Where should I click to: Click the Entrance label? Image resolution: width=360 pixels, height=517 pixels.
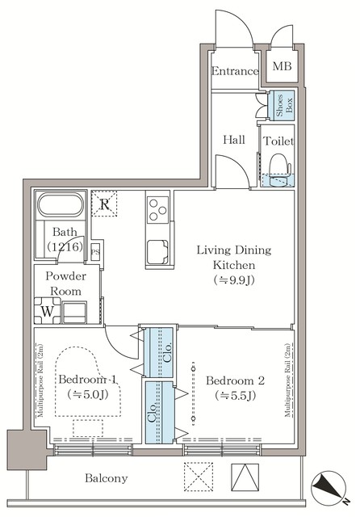click(235, 71)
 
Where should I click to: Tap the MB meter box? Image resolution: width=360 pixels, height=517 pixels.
click(282, 67)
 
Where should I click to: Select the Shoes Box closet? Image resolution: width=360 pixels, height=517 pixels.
click(285, 106)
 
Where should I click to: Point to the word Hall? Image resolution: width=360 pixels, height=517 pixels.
click(233, 140)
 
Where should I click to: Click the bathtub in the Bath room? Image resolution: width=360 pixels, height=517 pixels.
click(61, 207)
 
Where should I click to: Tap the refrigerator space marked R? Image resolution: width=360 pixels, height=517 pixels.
click(103, 204)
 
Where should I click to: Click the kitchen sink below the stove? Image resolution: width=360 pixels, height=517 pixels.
click(158, 254)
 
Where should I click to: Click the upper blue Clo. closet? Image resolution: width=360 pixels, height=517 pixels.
click(160, 352)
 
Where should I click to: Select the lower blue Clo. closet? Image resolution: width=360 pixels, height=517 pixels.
click(160, 413)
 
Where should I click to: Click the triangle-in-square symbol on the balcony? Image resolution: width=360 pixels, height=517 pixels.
click(243, 475)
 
